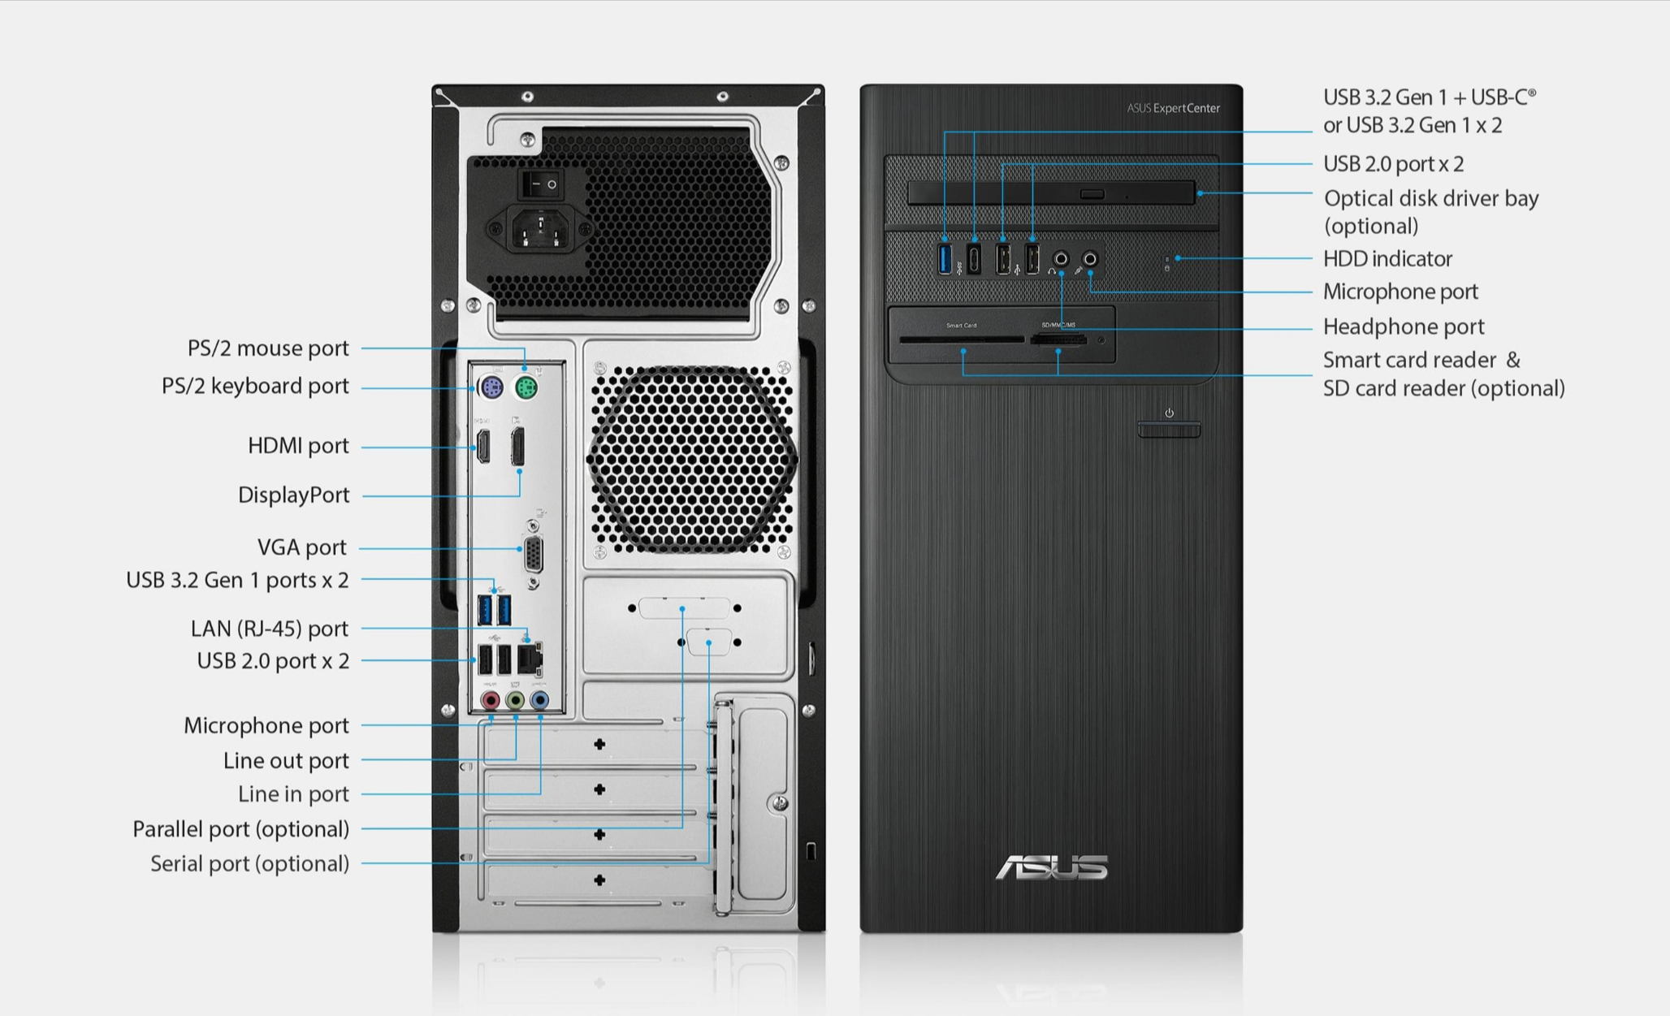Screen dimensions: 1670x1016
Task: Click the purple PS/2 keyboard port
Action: (x=491, y=387)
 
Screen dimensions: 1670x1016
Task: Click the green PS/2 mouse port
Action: (x=526, y=387)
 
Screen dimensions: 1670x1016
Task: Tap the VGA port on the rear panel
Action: (x=533, y=556)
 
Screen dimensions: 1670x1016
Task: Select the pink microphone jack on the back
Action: (x=490, y=699)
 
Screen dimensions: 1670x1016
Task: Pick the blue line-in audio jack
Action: (x=539, y=699)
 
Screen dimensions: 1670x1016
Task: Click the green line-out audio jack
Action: (x=515, y=699)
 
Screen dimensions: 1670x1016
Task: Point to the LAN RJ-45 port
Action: (x=530, y=659)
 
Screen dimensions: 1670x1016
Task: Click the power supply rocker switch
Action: (x=541, y=184)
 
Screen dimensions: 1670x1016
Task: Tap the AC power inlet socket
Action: (x=539, y=229)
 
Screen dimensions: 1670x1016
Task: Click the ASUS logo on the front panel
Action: (x=1051, y=867)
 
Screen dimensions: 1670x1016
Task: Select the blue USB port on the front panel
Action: (x=945, y=258)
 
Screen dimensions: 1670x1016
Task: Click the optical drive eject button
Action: (x=1092, y=194)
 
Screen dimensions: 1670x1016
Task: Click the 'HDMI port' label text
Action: (x=298, y=446)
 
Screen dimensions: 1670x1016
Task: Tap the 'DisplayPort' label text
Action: (x=293, y=495)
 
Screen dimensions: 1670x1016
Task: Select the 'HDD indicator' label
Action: (x=1387, y=258)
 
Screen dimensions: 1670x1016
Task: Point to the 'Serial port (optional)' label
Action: (x=249, y=863)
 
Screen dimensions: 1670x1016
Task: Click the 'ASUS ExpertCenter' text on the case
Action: (x=1173, y=108)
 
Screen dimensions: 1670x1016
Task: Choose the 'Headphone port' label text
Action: (x=1404, y=326)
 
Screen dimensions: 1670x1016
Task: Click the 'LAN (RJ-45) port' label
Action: (x=269, y=629)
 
